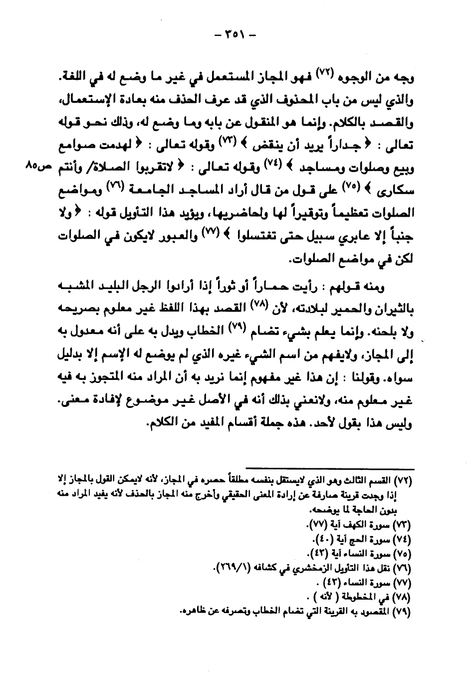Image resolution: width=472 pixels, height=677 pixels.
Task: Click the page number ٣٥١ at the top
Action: pyautogui.click(x=234, y=36)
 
